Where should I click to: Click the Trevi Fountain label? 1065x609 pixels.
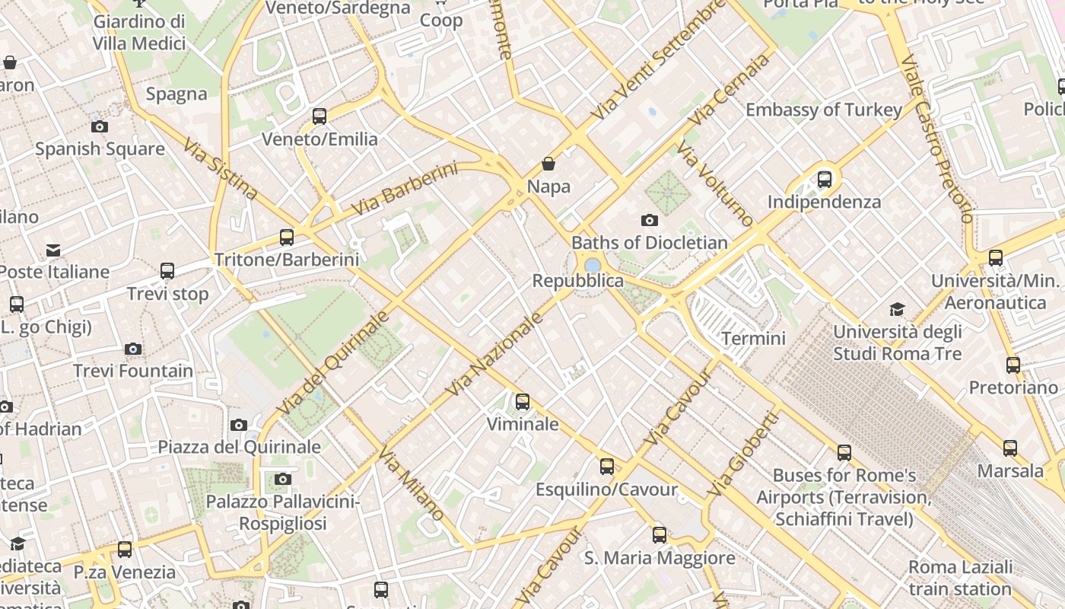pos(133,371)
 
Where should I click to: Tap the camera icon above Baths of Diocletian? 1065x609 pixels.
pos(649,221)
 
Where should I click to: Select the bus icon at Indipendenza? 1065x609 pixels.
pos(824,180)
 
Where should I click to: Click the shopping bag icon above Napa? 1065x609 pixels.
pos(548,164)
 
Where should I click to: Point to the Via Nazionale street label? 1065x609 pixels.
pos(494,354)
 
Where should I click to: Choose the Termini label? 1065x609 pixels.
pos(753,338)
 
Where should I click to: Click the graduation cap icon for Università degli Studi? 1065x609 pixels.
pos(898,309)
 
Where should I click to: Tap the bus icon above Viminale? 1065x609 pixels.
pos(522,402)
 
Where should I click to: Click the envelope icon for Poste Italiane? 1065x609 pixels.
pos(53,250)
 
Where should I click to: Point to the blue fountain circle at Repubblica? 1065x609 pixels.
pos(593,265)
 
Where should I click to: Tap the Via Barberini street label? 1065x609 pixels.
pos(405,188)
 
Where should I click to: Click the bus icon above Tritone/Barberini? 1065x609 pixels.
pos(286,238)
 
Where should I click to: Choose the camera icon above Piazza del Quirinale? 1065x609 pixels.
pos(239,426)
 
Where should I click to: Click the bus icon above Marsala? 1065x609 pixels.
pos(1009,448)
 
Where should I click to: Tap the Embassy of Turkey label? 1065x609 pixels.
pos(823,110)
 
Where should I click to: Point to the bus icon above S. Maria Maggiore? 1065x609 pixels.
pos(659,535)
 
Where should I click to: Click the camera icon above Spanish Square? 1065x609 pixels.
pos(99,127)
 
